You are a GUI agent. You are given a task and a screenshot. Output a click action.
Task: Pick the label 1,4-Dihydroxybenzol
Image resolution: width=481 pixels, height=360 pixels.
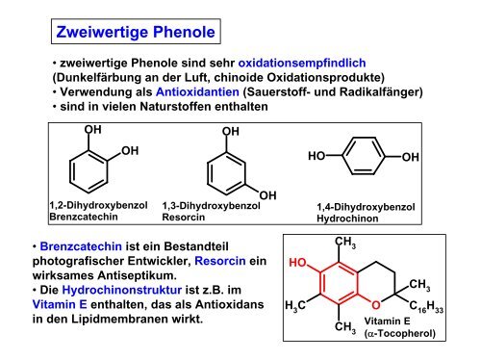point(366,207)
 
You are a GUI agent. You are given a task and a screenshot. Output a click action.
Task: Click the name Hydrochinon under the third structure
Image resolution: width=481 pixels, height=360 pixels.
point(347,219)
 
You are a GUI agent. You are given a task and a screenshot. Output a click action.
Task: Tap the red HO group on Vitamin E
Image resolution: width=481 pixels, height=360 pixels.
point(298,262)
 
